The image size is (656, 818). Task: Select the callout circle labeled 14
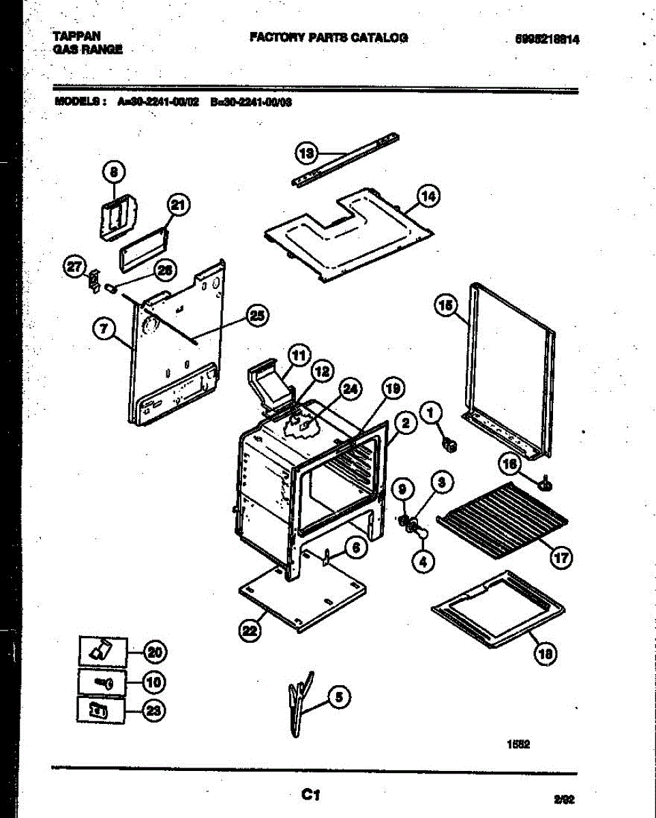coord(428,197)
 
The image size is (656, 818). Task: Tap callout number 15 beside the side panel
coord(445,307)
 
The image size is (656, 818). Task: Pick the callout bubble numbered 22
coord(250,632)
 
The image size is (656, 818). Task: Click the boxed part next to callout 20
coord(102,651)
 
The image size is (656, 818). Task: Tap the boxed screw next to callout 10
coord(102,682)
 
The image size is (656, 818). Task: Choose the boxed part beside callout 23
coord(100,710)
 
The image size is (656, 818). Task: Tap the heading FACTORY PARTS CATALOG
coord(329,37)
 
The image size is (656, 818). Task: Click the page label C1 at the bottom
coord(312,794)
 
